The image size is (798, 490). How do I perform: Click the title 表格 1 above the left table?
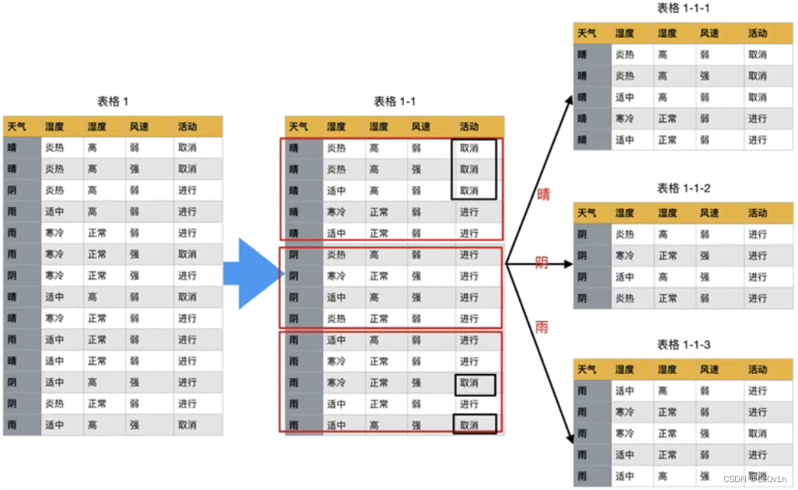pos(113,101)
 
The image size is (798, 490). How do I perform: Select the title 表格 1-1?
pos(395,101)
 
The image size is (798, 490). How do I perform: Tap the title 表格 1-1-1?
pos(684,9)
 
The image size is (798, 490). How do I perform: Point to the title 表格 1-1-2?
pos(684,188)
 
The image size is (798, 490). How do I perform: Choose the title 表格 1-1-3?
pos(684,344)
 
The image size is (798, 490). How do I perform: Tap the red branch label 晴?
pos(543,194)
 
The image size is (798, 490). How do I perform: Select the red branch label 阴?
pos(542,263)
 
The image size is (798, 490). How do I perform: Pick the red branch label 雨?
pos(542,327)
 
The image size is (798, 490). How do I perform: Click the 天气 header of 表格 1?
pos(16,127)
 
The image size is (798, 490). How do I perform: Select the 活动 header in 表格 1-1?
pos(469,127)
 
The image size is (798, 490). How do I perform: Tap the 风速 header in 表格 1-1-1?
pos(709,33)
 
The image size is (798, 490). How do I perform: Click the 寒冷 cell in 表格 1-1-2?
pos(625,256)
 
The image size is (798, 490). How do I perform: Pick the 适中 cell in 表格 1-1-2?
pos(625,277)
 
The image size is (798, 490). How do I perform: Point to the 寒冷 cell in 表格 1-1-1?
pos(625,119)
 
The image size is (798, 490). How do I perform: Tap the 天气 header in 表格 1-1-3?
pos(587,369)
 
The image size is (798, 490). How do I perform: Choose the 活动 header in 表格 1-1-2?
pos(757,212)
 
